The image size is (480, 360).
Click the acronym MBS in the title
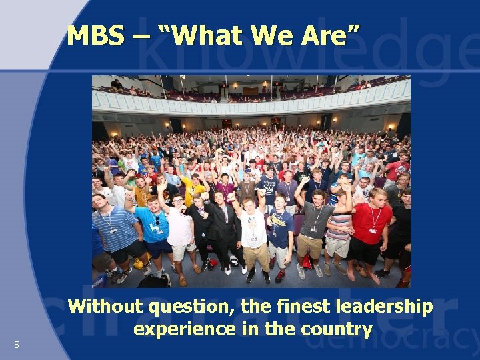[95, 35]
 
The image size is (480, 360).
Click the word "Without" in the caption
[105, 307]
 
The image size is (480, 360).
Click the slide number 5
[17, 345]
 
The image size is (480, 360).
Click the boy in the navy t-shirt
[279, 230]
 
